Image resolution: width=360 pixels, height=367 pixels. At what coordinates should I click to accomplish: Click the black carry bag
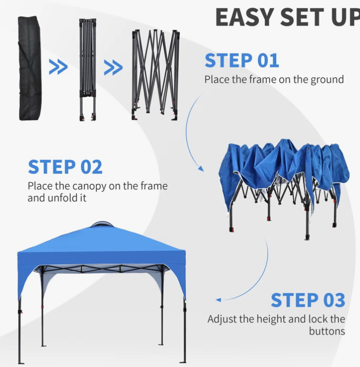pos(30,68)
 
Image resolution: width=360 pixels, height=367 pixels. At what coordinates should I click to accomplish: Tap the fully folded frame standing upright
pos(88,69)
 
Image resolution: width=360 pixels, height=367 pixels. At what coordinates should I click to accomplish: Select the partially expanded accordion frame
pos(156,75)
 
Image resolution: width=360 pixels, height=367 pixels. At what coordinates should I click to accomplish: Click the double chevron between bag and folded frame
pos(58,67)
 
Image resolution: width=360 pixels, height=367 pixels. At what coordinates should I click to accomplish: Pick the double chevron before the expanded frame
pos(113,68)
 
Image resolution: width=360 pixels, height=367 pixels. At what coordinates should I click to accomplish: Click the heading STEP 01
pos(242,60)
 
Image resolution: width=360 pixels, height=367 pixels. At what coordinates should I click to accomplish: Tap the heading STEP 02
pos(65,167)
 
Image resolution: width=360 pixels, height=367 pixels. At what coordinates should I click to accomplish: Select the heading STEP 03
pos(308,300)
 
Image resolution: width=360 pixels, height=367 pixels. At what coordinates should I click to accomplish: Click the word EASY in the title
pos(245,17)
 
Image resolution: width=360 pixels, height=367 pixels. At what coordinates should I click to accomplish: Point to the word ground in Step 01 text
pos(327,80)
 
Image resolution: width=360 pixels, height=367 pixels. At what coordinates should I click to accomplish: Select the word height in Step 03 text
pos(271,319)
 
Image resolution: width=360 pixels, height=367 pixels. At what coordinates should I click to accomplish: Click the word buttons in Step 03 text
pos(327,331)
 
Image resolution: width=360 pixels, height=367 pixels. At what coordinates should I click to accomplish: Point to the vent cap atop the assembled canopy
pos(102,224)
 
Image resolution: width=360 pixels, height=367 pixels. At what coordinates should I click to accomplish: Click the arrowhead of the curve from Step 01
pos(201,168)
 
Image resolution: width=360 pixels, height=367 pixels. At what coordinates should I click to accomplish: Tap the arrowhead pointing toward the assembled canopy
pos(218,300)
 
